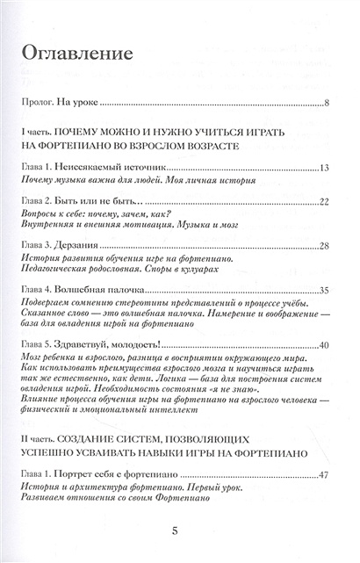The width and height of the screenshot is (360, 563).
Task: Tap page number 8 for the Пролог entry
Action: (x=326, y=105)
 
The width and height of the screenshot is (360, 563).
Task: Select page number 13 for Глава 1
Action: (x=323, y=166)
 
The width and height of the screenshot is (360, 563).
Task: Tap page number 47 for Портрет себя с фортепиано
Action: (x=323, y=475)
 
